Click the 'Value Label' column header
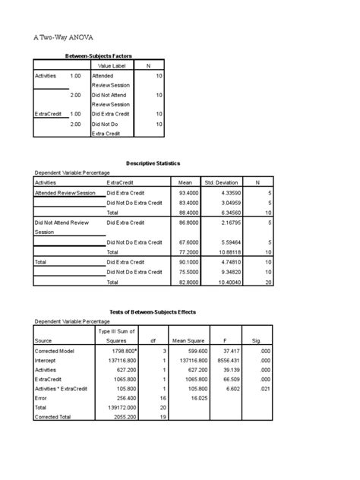pyautogui.click(x=112, y=66)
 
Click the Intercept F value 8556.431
pyautogui.click(x=229, y=361)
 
